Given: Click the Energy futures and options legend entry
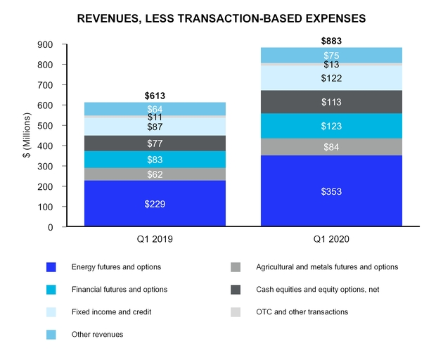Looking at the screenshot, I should (x=116, y=267).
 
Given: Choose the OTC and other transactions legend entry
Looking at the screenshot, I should (x=302, y=311).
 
